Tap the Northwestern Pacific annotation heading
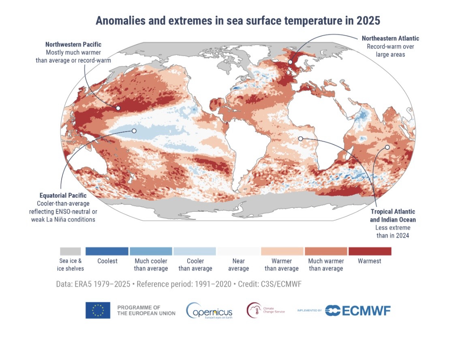click(x=73, y=45)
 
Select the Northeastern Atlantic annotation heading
click(x=390, y=38)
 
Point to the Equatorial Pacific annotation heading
click(x=63, y=196)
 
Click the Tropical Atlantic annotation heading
click(x=393, y=212)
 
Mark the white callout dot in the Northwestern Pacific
click(x=118, y=108)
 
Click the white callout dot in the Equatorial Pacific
click(x=134, y=131)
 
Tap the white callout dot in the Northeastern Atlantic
click(x=290, y=62)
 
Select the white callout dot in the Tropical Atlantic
click(x=300, y=138)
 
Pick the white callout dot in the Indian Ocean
click(x=387, y=147)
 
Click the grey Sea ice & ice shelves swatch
click(x=70, y=251)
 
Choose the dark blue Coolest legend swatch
click(x=107, y=251)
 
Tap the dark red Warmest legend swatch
click(x=370, y=251)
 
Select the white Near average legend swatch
click(x=238, y=251)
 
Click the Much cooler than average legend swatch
click(x=151, y=251)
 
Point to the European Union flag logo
click(x=98, y=311)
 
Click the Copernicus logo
click(x=209, y=311)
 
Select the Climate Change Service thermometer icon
click(x=254, y=311)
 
